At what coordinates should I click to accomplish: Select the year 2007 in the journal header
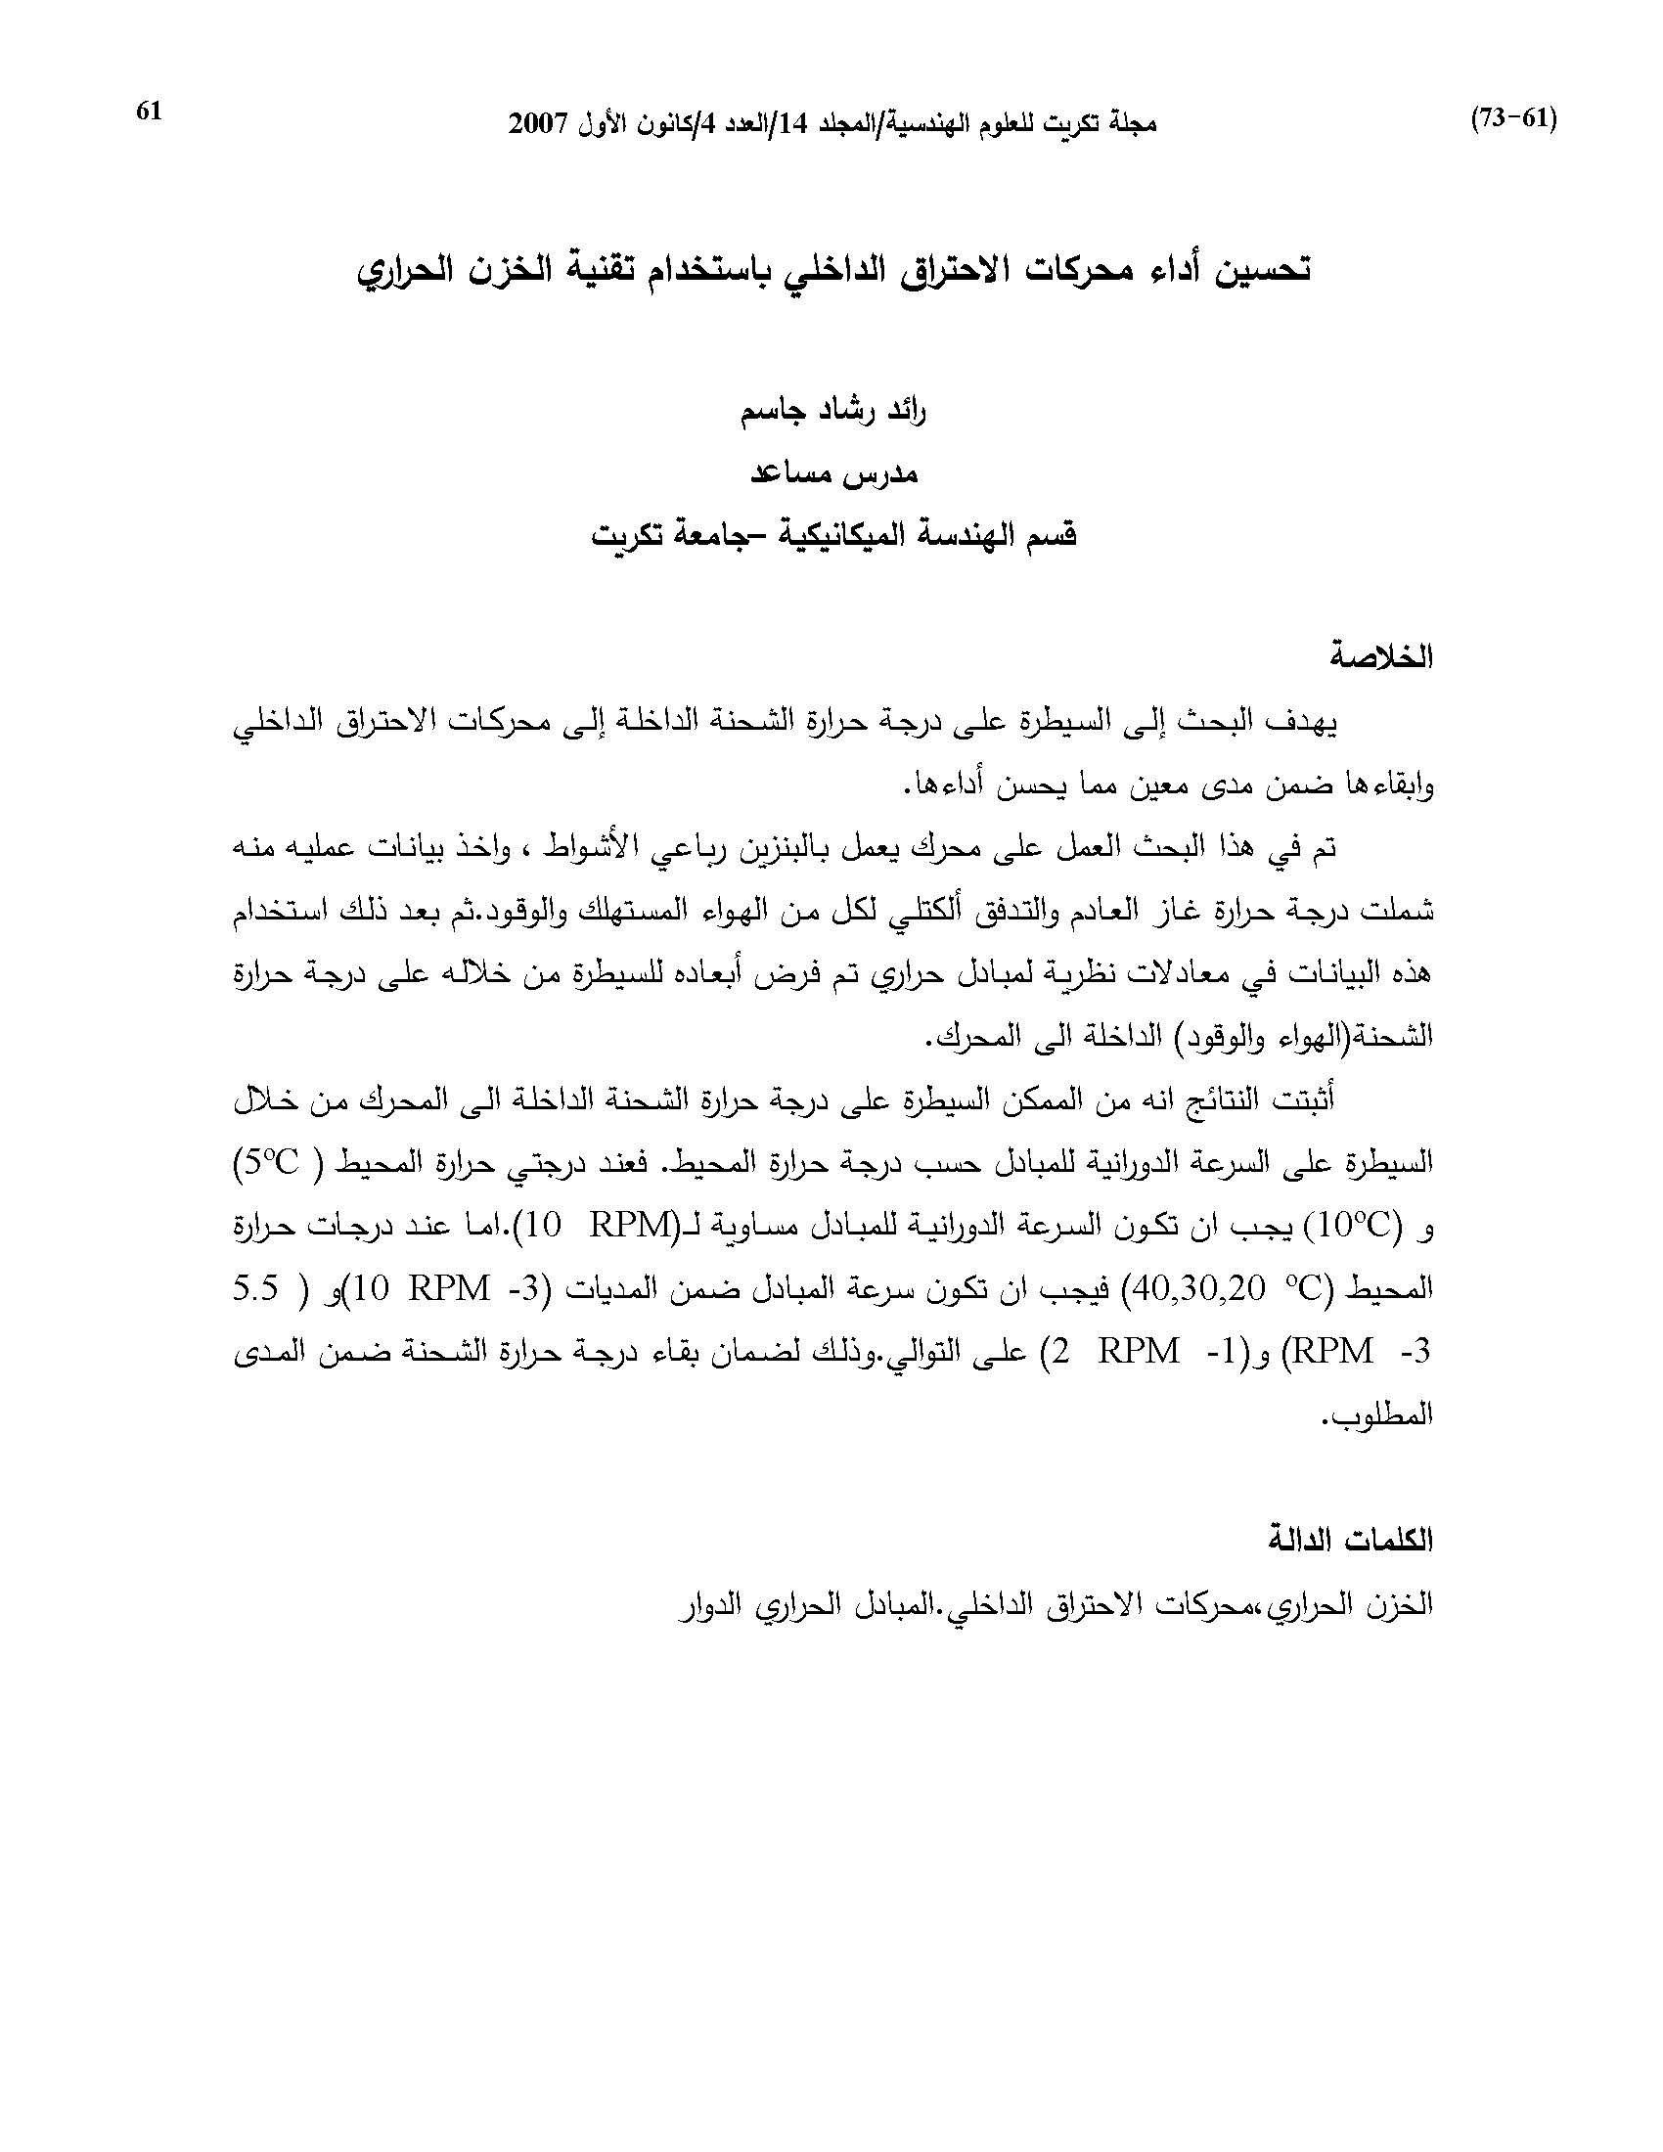537,125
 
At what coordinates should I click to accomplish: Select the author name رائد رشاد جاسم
833,411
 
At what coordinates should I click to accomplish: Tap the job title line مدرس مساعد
833,473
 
